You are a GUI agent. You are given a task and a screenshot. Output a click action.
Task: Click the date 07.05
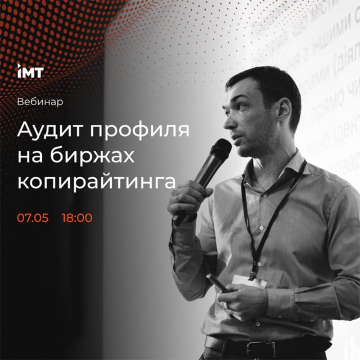point(32,218)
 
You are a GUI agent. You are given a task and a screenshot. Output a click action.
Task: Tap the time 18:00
point(77,218)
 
